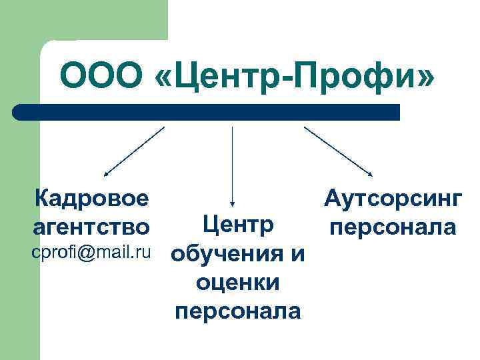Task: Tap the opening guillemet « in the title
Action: pyautogui.click(x=164, y=77)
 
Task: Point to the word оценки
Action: pyautogui.click(x=238, y=283)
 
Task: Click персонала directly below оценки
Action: pyautogui.click(x=238, y=311)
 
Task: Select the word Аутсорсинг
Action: pyautogui.click(x=391, y=198)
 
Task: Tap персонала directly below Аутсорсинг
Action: pyautogui.click(x=392, y=227)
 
